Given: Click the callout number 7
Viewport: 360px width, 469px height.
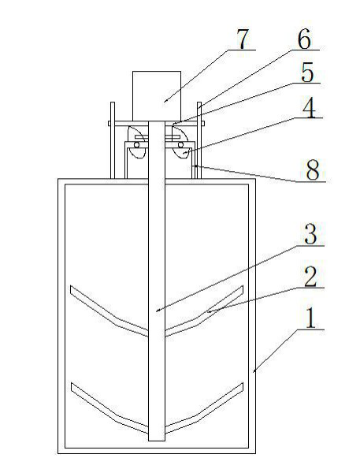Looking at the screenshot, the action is [x=243, y=39].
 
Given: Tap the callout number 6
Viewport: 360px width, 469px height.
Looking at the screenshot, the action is [x=304, y=39].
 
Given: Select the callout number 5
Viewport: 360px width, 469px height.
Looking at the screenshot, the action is [x=307, y=73].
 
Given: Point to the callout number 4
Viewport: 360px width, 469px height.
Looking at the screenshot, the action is [x=309, y=108].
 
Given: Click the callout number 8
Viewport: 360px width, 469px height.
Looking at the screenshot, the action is [x=313, y=170].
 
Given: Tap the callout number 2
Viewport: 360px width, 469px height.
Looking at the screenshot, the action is [x=310, y=277].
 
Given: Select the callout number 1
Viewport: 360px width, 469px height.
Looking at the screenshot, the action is [x=311, y=318].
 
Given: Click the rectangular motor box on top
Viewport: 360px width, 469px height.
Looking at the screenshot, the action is [x=157, y=96].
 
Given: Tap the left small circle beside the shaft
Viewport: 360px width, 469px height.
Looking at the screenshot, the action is [x=136, y=145].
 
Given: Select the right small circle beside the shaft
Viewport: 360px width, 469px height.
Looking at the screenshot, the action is [x=180, y=145].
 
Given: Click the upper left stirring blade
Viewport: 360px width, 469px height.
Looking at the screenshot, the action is [x=109, y=311].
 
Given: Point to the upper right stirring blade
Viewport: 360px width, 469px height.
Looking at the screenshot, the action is [x=204, y=311].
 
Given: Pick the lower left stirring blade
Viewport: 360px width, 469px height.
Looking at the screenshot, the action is [x=109, y=408].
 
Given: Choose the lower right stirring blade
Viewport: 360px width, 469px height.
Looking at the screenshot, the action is [x=204, y=408].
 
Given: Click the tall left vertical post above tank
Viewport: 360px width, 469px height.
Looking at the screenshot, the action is [x=113, y=140].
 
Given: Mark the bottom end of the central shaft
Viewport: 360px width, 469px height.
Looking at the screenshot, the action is [x=157, y=441].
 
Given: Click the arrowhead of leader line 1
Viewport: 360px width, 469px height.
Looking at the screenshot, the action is [x=254, y=372].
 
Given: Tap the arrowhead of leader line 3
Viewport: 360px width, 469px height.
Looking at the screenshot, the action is [x=157, y=311].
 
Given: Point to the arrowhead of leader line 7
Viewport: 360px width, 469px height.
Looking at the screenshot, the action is [x=164, y=102].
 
